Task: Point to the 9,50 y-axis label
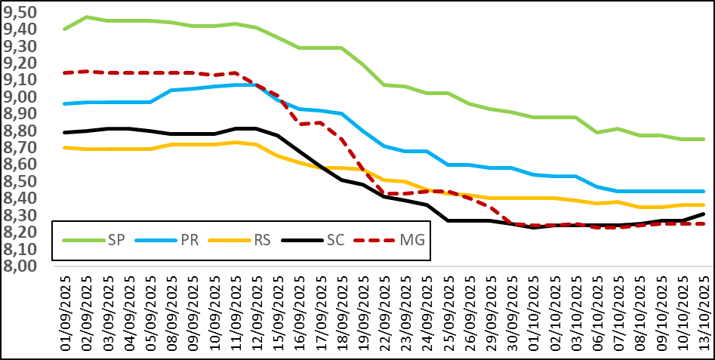[x=26, y=12]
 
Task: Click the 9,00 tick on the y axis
[x=26, y=97]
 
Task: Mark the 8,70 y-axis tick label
[x=26, y=148]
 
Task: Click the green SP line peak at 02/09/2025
[x=87, y=17]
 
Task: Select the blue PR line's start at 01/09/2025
[x=65, y=103]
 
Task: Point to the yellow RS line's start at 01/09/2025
[x=65, y=147]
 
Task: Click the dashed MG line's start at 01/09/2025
[x=65, y=73]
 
